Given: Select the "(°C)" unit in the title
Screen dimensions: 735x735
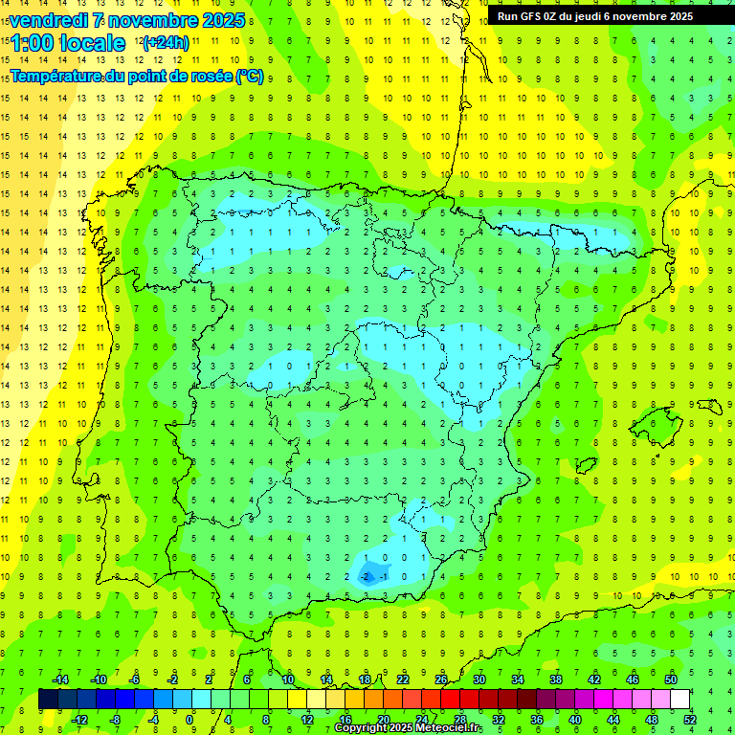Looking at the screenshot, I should (x=249, y=77).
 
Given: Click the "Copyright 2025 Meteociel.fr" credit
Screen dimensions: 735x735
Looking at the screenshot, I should (x=408, y=728).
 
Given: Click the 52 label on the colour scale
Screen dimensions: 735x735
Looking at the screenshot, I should (x=689, y=720).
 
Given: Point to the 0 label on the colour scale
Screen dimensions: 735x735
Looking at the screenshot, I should (x=189, y=720).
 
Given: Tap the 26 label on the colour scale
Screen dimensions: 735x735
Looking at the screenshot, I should (x=441, y=679).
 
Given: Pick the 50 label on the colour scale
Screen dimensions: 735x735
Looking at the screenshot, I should (x=671, y=679).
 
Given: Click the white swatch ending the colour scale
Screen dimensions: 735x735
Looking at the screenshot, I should (x=680, y=700).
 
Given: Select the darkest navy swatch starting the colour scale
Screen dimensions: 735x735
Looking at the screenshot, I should (x=48, y=700).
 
